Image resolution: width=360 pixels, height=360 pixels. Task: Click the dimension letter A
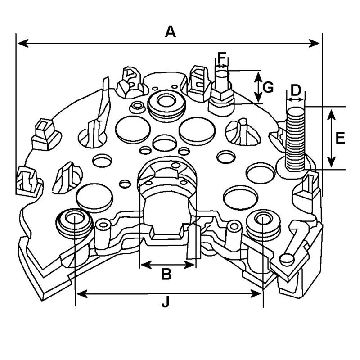coord(170,32)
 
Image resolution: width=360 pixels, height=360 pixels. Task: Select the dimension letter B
coord(166,274)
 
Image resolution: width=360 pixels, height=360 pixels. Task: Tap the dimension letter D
coord(296,90)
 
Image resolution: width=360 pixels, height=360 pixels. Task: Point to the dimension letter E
coord(340,138)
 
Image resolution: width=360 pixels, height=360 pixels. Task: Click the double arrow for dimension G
coord(258,86)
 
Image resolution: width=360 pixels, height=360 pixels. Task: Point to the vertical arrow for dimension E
coord(331,138)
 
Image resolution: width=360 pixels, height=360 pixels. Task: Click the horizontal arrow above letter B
coord(168,264)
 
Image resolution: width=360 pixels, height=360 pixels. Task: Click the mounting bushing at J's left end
coord(72,219)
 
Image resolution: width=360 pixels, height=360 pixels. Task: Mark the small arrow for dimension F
coord(222,66)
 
